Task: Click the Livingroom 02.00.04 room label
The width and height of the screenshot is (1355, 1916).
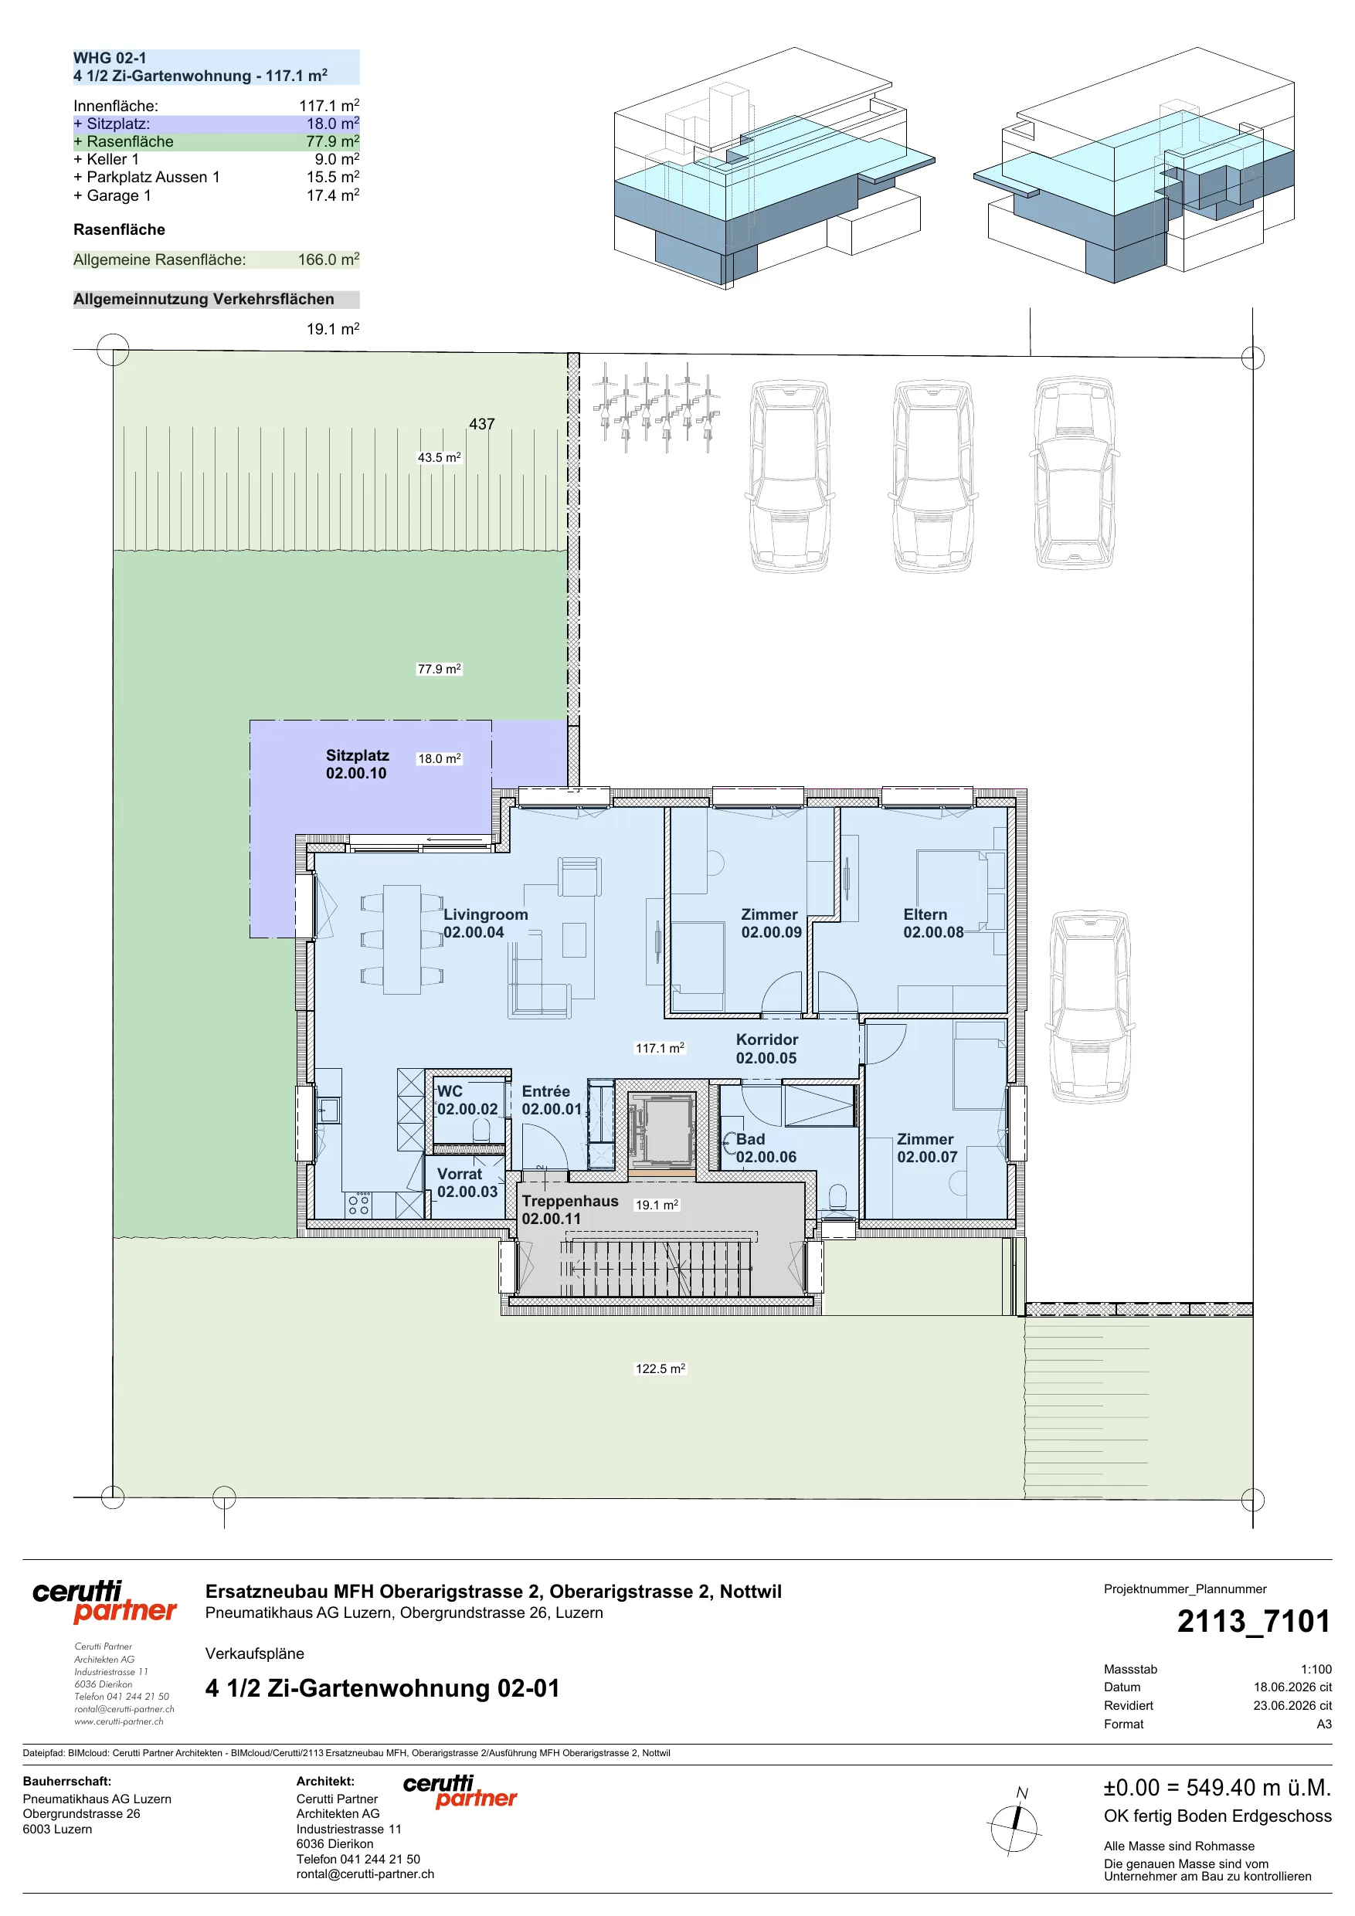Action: pos(485,923)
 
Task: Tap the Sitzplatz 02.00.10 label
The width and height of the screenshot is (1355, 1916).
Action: pos(358,764)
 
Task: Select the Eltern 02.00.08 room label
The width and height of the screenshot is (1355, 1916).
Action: pos(932,923)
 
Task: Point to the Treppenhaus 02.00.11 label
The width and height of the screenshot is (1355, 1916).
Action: pos(570,1209)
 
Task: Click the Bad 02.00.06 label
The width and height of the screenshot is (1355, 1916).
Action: pos(766,1148)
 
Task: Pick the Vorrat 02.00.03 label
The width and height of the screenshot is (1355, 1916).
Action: pos(467,1182)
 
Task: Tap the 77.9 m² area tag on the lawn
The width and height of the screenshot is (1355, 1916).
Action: pos(439,669)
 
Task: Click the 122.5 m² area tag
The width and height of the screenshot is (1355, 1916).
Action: pos(661,1368)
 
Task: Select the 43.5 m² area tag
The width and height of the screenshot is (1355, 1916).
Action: pos(439,457)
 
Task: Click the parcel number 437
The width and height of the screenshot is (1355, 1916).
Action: pos(482,424)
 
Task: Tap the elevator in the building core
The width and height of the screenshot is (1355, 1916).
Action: pos(661,1131)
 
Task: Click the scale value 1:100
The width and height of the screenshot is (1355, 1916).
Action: pos(1316,1669)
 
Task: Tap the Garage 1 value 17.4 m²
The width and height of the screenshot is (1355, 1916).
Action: pos(332,195)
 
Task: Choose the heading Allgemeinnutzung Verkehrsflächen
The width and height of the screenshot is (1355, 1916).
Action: pos(204,299)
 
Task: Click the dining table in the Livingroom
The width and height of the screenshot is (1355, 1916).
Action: pos(402,939)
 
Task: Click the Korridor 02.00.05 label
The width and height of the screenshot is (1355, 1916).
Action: pos(766,1048)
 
